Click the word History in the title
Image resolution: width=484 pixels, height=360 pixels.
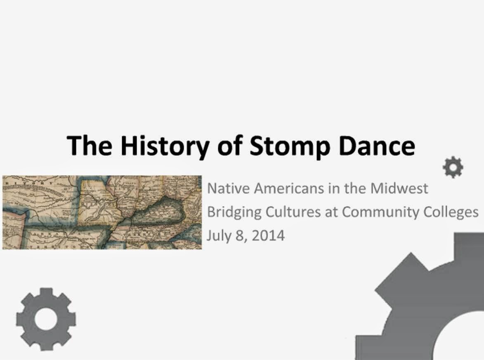coord(160,145)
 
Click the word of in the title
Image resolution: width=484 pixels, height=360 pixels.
coord(225,145)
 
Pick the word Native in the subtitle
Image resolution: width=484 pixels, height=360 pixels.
coord(228,188)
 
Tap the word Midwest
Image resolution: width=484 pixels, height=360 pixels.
coord(399,188)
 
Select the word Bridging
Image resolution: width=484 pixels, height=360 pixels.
coord(234,212)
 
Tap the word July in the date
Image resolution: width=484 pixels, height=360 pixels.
coord(217,236)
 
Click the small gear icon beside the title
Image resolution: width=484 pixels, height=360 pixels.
coord(453,167)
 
